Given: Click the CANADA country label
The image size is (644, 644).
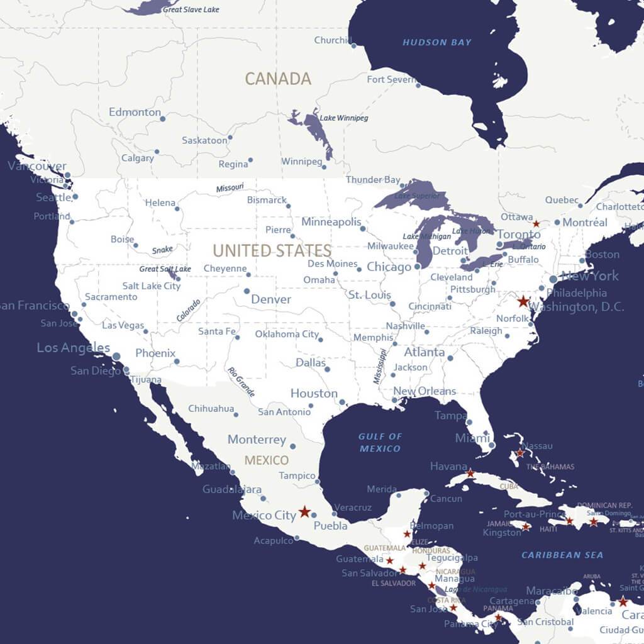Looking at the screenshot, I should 278,79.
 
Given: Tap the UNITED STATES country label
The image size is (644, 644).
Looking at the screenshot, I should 272,250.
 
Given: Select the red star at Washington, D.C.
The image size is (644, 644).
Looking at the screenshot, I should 523,301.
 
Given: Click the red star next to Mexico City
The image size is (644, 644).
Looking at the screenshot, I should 304,511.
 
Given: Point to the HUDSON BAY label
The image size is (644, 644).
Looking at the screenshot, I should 436,43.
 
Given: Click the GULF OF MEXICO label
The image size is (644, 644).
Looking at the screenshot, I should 380,442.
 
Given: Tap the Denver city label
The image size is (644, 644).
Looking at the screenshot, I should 271,299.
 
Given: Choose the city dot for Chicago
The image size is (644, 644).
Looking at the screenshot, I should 417,267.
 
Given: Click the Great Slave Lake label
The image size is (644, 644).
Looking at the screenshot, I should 191,9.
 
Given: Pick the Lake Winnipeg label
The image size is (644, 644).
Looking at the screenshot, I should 344,118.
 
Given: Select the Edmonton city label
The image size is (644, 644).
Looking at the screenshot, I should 135,112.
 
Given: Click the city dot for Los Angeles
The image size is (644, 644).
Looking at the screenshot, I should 116,357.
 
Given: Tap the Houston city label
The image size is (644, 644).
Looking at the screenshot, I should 314,393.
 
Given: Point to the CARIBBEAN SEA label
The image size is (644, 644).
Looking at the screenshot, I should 562,555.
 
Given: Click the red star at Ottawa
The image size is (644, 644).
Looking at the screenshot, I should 536,223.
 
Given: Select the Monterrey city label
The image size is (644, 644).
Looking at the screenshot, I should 257,440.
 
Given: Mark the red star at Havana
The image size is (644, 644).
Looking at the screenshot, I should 470,472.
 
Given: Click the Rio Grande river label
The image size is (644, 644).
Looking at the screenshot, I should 241,382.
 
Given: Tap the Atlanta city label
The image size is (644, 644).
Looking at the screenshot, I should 424,352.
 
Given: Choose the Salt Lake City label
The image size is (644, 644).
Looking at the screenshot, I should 152,286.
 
